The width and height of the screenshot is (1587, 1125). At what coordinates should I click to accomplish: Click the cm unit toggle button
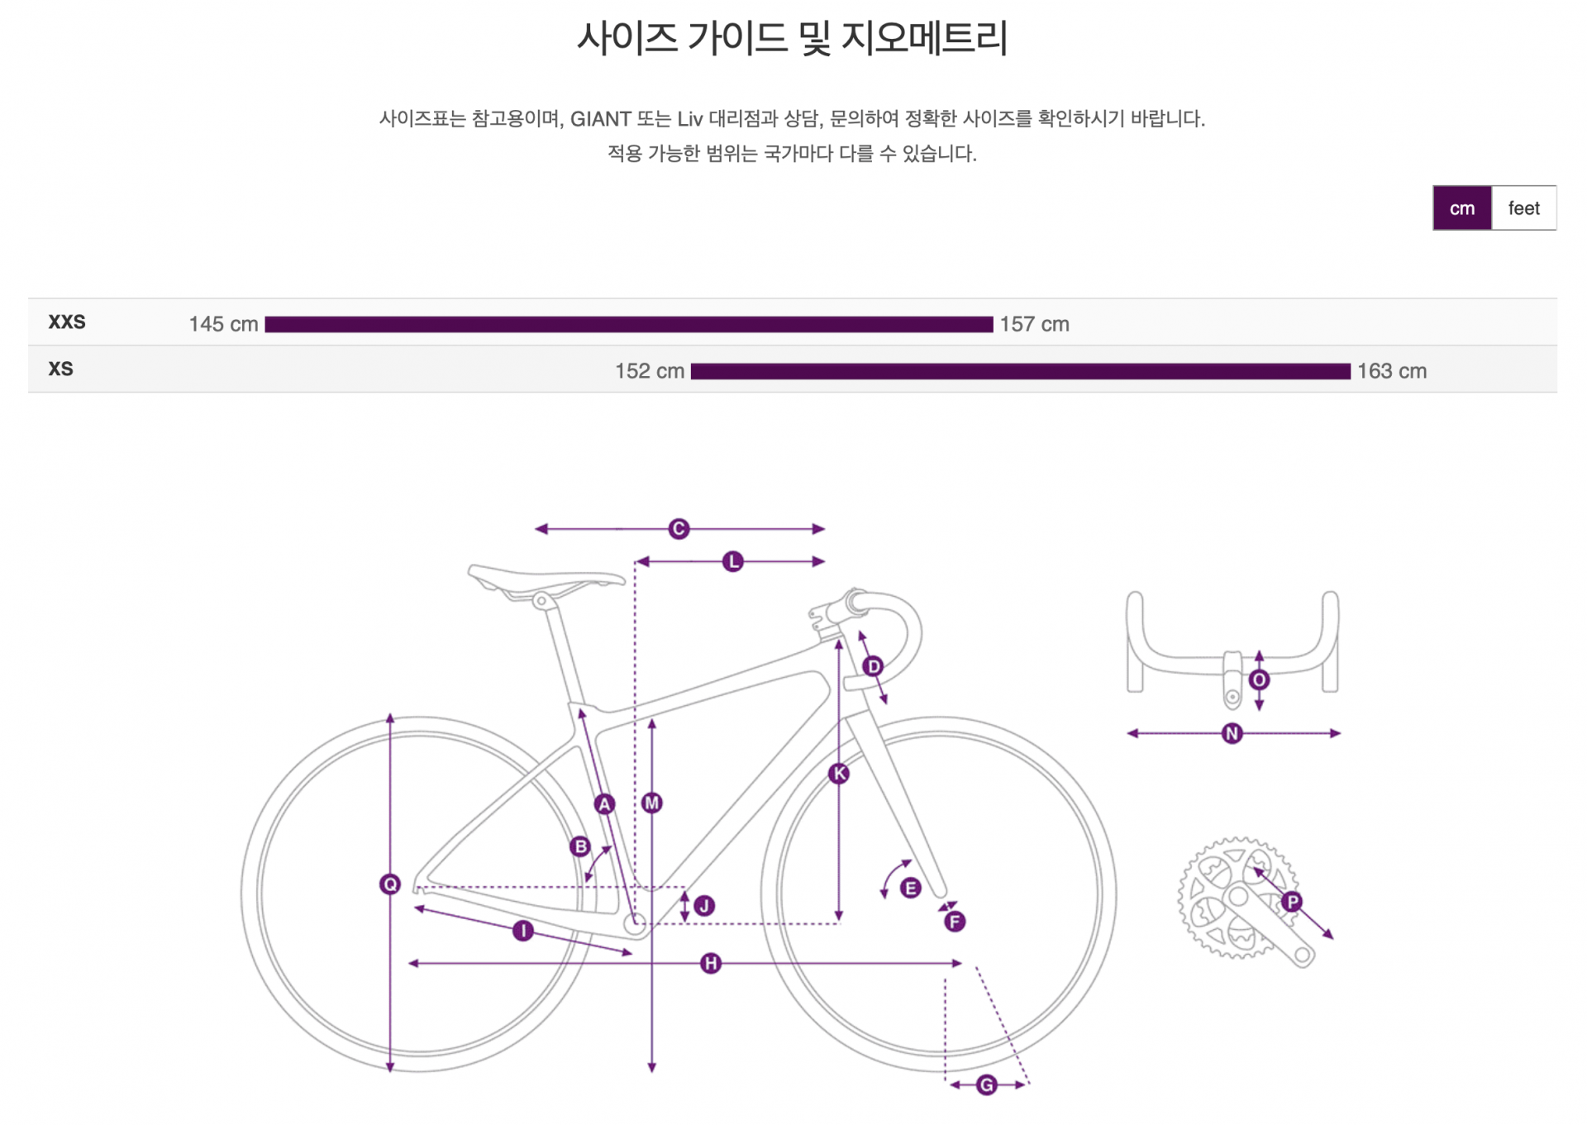1461,208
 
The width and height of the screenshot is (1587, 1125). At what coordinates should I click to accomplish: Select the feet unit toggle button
1523,208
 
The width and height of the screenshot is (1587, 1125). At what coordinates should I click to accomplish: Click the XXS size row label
67,322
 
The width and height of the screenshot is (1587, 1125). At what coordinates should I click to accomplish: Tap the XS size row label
60,369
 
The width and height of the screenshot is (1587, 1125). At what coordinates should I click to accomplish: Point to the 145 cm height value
223,324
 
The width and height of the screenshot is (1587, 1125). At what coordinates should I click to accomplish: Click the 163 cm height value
1392,371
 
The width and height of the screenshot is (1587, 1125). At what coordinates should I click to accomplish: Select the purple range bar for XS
1020,371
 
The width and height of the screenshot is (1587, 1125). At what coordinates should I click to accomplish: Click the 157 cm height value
1034,324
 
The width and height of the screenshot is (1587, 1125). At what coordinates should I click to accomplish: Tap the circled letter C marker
679,529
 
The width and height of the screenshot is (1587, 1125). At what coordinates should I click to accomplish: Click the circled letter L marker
733,562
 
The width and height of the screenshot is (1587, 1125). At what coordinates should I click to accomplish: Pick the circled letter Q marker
390,884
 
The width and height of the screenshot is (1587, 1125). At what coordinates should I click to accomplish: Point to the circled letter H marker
711,963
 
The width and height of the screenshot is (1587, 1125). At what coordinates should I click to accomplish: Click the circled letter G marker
986,1084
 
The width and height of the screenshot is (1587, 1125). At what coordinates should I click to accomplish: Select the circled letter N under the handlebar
1232,733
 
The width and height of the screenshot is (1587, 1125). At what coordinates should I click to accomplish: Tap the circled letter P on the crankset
1292,902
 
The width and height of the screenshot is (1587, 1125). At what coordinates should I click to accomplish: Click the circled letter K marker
839,774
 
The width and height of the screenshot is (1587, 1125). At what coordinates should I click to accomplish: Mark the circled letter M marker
652,803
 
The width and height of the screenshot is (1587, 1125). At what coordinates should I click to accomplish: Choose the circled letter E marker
911,889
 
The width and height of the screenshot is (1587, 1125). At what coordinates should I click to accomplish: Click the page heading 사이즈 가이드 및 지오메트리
792,38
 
